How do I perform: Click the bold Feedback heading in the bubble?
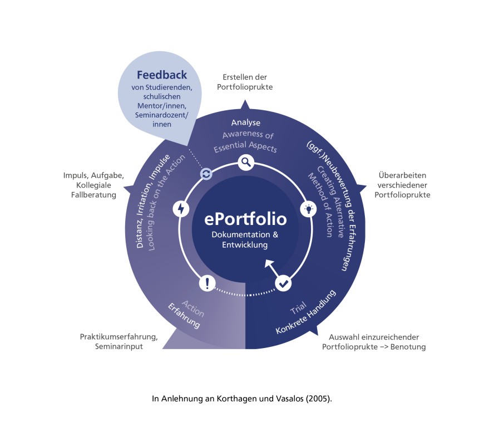tap(162, 75)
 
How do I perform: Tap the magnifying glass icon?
tap(246, 162)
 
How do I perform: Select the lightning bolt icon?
tap(181, 208)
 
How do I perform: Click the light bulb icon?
tap(308, 209)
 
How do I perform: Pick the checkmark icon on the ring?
tap(283, 283)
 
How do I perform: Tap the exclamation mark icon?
tap(207, 283)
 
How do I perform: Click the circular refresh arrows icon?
tap(206, 174)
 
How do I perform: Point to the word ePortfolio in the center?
tap(245, 219)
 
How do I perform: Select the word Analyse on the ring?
tap(246, 123)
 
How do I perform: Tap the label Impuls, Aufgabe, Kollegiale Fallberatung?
tap(93, 185)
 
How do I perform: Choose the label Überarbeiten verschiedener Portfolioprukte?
tap(402, 185)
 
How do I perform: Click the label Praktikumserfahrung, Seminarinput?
tap(119, 341)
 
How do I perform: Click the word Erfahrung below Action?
tap(184, 315)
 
